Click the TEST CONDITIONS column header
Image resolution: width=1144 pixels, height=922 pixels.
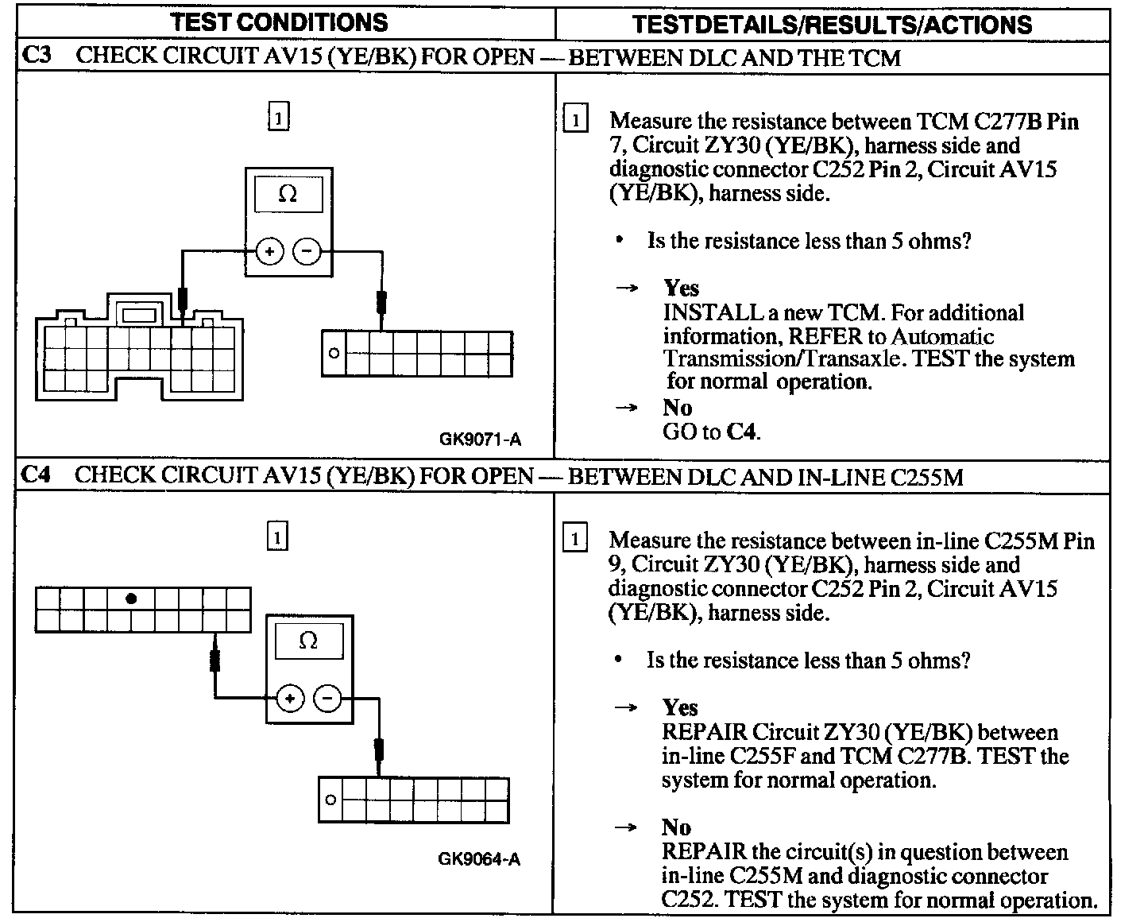click(279, 21)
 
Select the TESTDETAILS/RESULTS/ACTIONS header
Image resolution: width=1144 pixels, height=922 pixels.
click(832, 24)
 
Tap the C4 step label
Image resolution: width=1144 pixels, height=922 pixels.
click(37, 475)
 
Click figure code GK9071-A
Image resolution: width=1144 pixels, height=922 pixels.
click(481, 439)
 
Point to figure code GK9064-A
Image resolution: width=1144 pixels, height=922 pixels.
click(479, 858)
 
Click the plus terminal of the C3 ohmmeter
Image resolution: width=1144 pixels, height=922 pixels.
click(269, 252)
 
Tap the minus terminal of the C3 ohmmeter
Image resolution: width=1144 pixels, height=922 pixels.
click(307, 252)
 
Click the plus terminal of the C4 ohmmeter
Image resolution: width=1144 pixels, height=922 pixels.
click(290, 699)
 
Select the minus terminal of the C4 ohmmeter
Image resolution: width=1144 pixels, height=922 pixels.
click(327, 699)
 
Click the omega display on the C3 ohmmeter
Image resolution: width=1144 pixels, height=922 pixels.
click(288, 195)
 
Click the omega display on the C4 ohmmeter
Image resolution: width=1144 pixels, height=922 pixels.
click(308, 641)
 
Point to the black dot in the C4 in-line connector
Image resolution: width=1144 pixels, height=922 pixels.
click(132, 599)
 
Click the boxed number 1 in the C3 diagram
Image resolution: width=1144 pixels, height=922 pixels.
click(278, 118)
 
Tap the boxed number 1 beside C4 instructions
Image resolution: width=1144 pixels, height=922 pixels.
click(574, 539)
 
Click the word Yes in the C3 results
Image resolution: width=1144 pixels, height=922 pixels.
click(681, 288)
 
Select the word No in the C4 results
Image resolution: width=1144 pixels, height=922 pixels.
click(677, 827)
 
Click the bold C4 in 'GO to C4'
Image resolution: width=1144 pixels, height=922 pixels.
click(743, 432)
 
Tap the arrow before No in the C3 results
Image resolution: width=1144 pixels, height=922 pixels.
click(627, 408)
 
